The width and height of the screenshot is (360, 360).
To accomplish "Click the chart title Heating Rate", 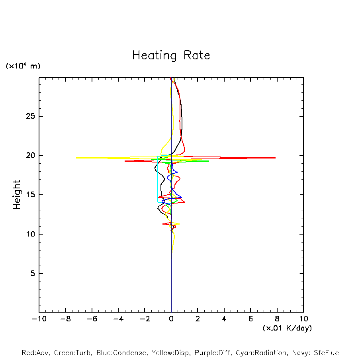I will pyautogui.click(x=171, y=55).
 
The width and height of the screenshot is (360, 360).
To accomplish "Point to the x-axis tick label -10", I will pyautogui.click(x=39, y=319).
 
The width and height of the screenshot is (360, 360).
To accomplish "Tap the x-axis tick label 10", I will pyautogui.click(x=303, y=319).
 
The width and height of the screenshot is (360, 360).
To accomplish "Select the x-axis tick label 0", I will pyautogui.click(x=171, y=319).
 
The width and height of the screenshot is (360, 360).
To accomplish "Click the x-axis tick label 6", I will pyautogui.click(x=250, y=319).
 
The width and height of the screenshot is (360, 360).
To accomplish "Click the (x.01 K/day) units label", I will pyautogui.click(x=287, y=328).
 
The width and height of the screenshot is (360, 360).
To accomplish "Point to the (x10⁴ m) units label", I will pyautogui.click(x=23, y=66).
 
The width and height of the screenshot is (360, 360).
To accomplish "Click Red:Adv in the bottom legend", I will pyautogui.click(x=35, y=353).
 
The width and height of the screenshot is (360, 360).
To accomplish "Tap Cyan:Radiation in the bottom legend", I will pyautogui.click(x=261, y=353).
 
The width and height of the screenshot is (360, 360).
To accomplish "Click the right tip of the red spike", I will pyautogui.click(x=275, y=158).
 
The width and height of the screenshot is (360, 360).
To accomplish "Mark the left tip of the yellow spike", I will pyautogui.click(x=76, y=158).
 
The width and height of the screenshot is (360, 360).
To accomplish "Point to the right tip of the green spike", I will pyautogui.click(x=209, y=161).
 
